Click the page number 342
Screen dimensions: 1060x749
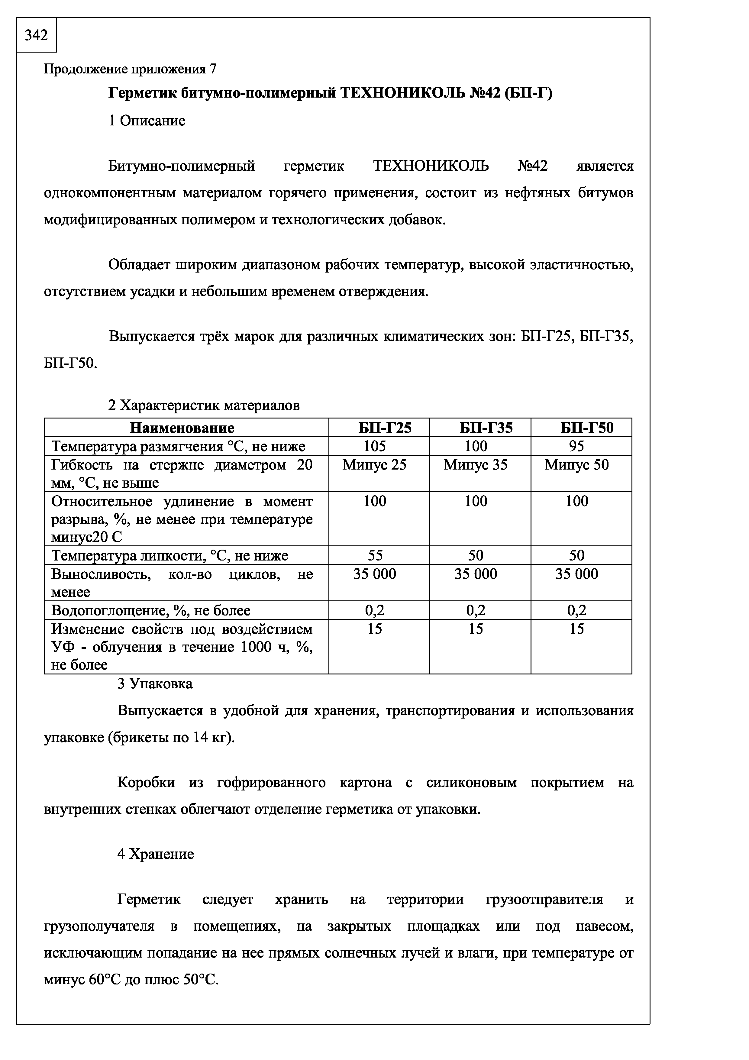(x=36, y=35)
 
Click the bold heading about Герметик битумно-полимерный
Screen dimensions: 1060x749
(x=330, y=93)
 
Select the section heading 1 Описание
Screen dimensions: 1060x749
(x=147, y=121)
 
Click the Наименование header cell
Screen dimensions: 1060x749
(x=182, y=428)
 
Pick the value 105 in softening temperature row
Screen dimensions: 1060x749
(x=374, y=446)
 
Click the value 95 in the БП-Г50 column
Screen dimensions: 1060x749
(x=576, y=446)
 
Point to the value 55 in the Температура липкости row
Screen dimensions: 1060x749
(x=374, y=555)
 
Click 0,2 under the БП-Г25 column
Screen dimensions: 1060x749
(x=374, y=611)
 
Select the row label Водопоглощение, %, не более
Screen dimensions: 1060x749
(x=151, y=611)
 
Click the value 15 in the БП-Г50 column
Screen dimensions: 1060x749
(x=576, y=629)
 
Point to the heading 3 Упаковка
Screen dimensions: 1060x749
(x=155, y=684)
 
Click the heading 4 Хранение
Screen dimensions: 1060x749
(x=156, y=854)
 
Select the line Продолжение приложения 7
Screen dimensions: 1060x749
(x=130, y=69)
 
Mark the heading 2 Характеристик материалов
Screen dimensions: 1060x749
(x=204, y=405)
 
